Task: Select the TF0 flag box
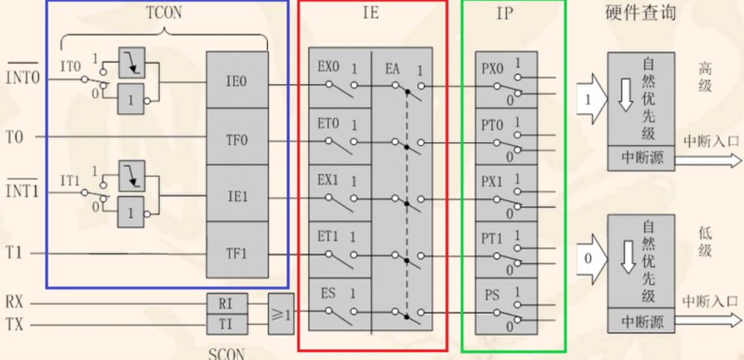[236, 138]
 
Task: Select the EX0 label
[328, 67]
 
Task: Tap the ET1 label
[328, 237]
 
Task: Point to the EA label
[393, 68]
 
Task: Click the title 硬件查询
[641, 13]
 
